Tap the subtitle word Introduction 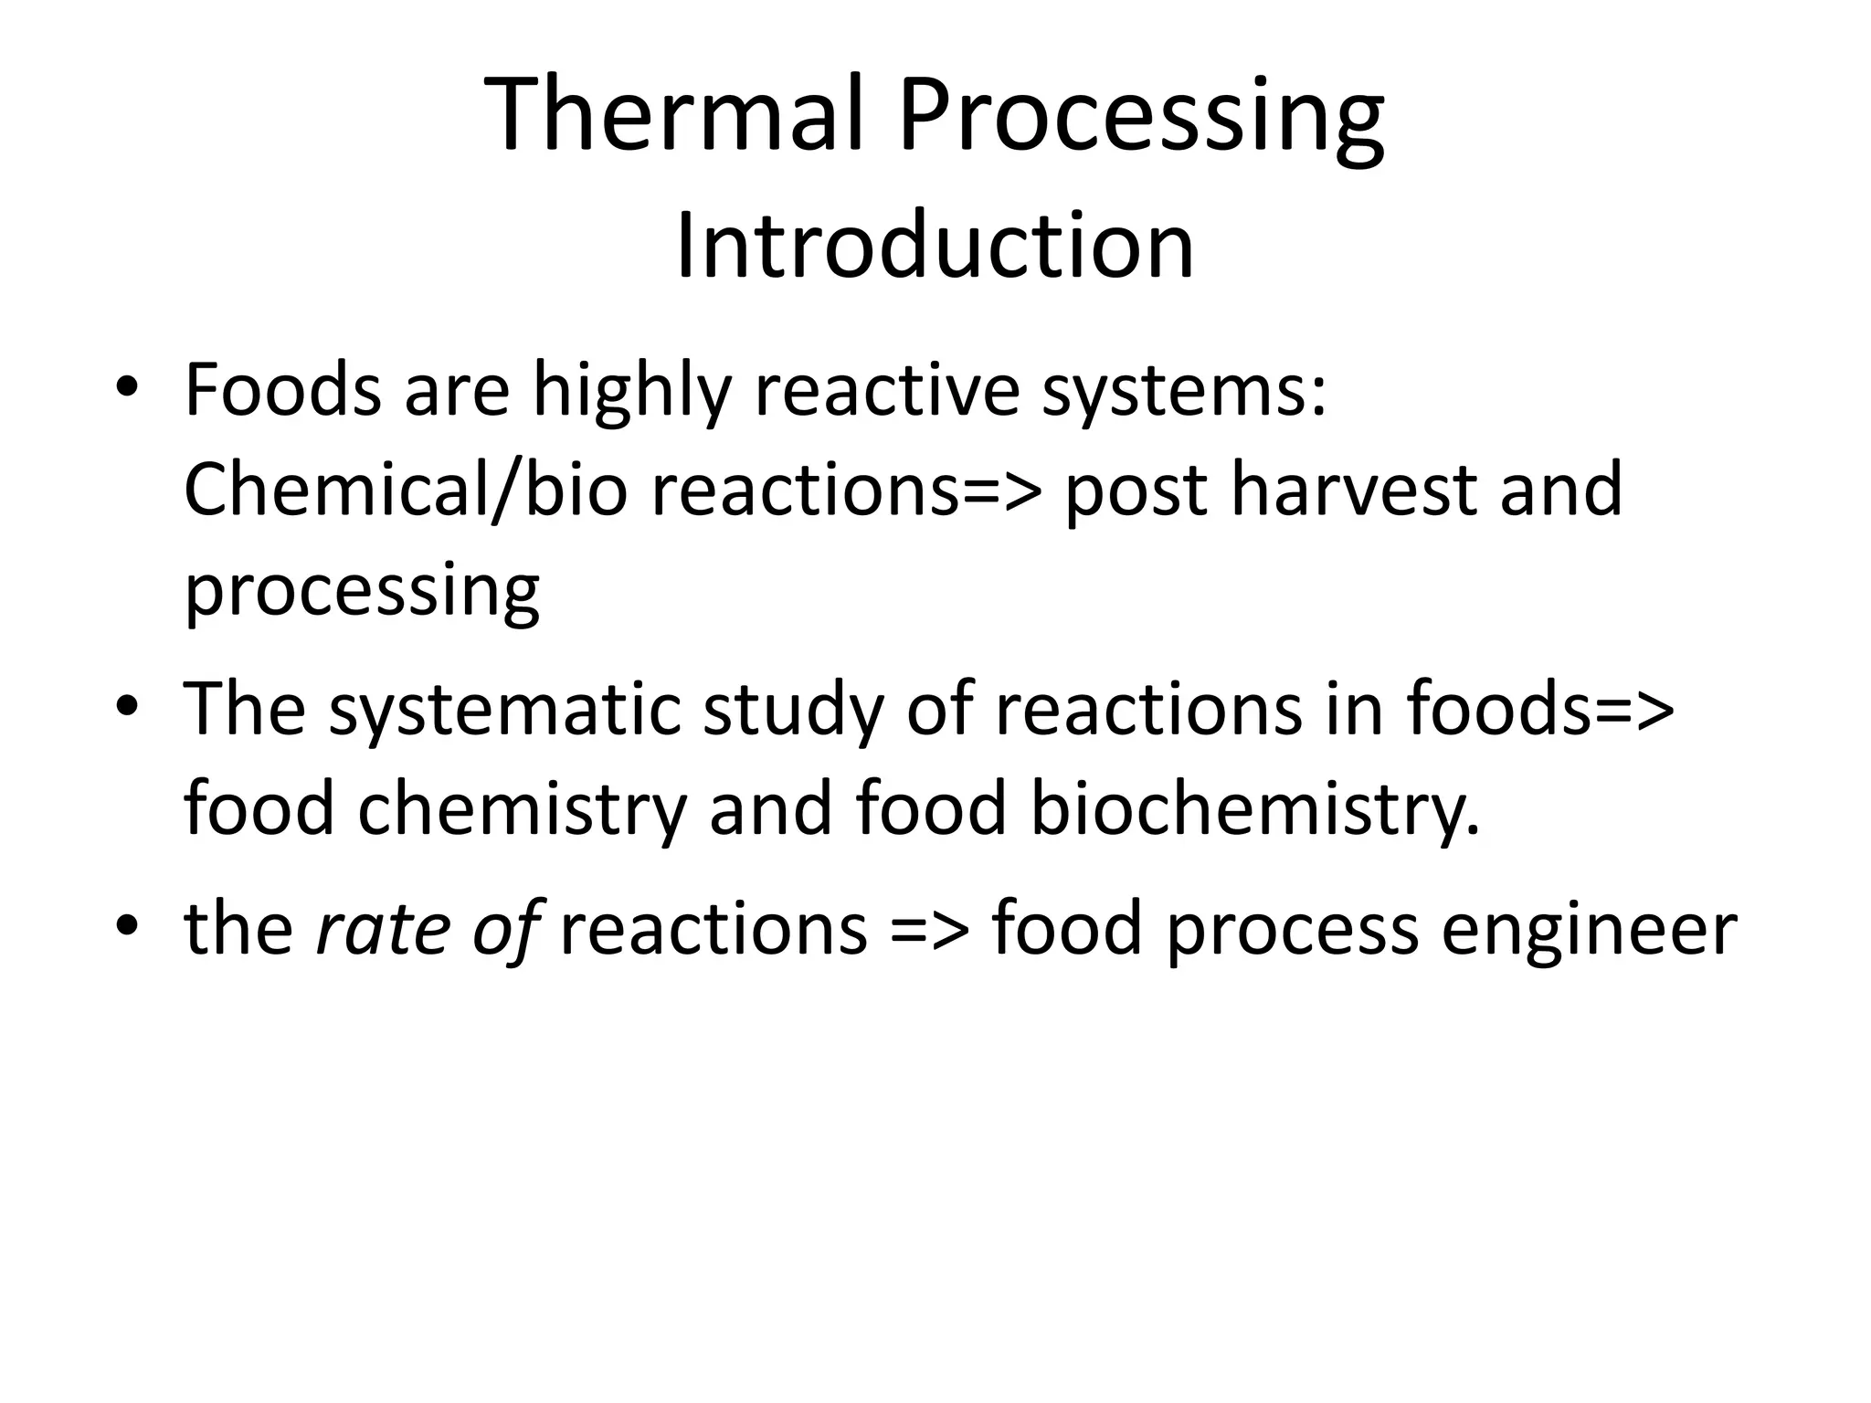pos(935,246)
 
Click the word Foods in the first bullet pos(282,390)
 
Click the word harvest pos(1353,490)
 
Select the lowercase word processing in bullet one pos(362,592)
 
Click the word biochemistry pos(1254,809)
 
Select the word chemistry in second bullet pos(521,809)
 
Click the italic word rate pos(382,928)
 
